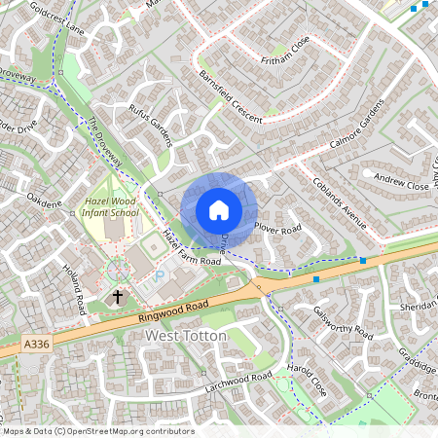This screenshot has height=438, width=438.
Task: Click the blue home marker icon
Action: coord(219,210)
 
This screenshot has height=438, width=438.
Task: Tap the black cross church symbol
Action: coord(119,296)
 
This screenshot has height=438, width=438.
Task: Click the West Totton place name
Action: coord(185,336)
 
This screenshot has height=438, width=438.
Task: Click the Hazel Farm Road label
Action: coord(192,249)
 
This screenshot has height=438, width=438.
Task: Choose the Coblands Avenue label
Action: coord(339,203)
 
